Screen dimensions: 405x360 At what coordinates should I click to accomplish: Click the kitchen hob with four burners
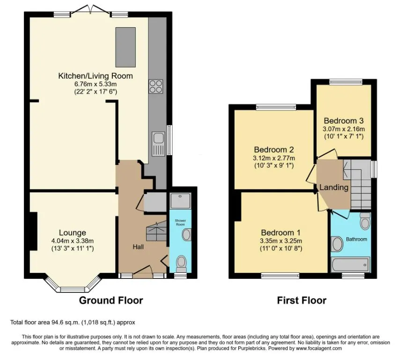click(x=156, y=86)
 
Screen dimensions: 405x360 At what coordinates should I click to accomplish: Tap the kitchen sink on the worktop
click(x=158, y=144)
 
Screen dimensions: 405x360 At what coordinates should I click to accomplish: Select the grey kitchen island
click(x=125, y=47)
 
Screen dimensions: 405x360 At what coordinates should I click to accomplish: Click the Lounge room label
click(x=73, y=232)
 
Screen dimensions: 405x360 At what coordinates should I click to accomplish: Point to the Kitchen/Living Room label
click(x=96, y=76)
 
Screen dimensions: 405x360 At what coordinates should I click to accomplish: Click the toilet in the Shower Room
click(x=181, y=264)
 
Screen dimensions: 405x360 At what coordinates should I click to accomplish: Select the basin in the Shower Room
click(x=187, y=235)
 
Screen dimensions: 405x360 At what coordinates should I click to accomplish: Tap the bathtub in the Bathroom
click(x=351, y=264)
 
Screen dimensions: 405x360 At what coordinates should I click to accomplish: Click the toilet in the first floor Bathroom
click(x=365, y=221)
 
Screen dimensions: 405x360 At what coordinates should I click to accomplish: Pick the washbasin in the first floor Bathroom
click(x=337, y=244)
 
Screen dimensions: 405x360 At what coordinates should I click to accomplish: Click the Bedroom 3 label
click(x=344, y=121)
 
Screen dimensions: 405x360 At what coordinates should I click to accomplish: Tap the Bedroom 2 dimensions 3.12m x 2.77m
click(x=274, y=158)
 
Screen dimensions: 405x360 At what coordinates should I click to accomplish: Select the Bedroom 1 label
click(x=281, y=232)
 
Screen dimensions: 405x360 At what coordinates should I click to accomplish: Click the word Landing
click(x=334, y=187)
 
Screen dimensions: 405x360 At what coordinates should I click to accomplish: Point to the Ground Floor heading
click(x=111, y=300)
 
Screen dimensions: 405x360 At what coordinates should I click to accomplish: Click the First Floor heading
click(x=302, y=300)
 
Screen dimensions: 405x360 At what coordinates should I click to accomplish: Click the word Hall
click(x=138, y=247)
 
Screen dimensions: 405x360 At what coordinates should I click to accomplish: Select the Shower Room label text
click(x=180, y=222)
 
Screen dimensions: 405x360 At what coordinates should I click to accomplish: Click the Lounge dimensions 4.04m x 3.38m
click(x=73, y=241)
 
